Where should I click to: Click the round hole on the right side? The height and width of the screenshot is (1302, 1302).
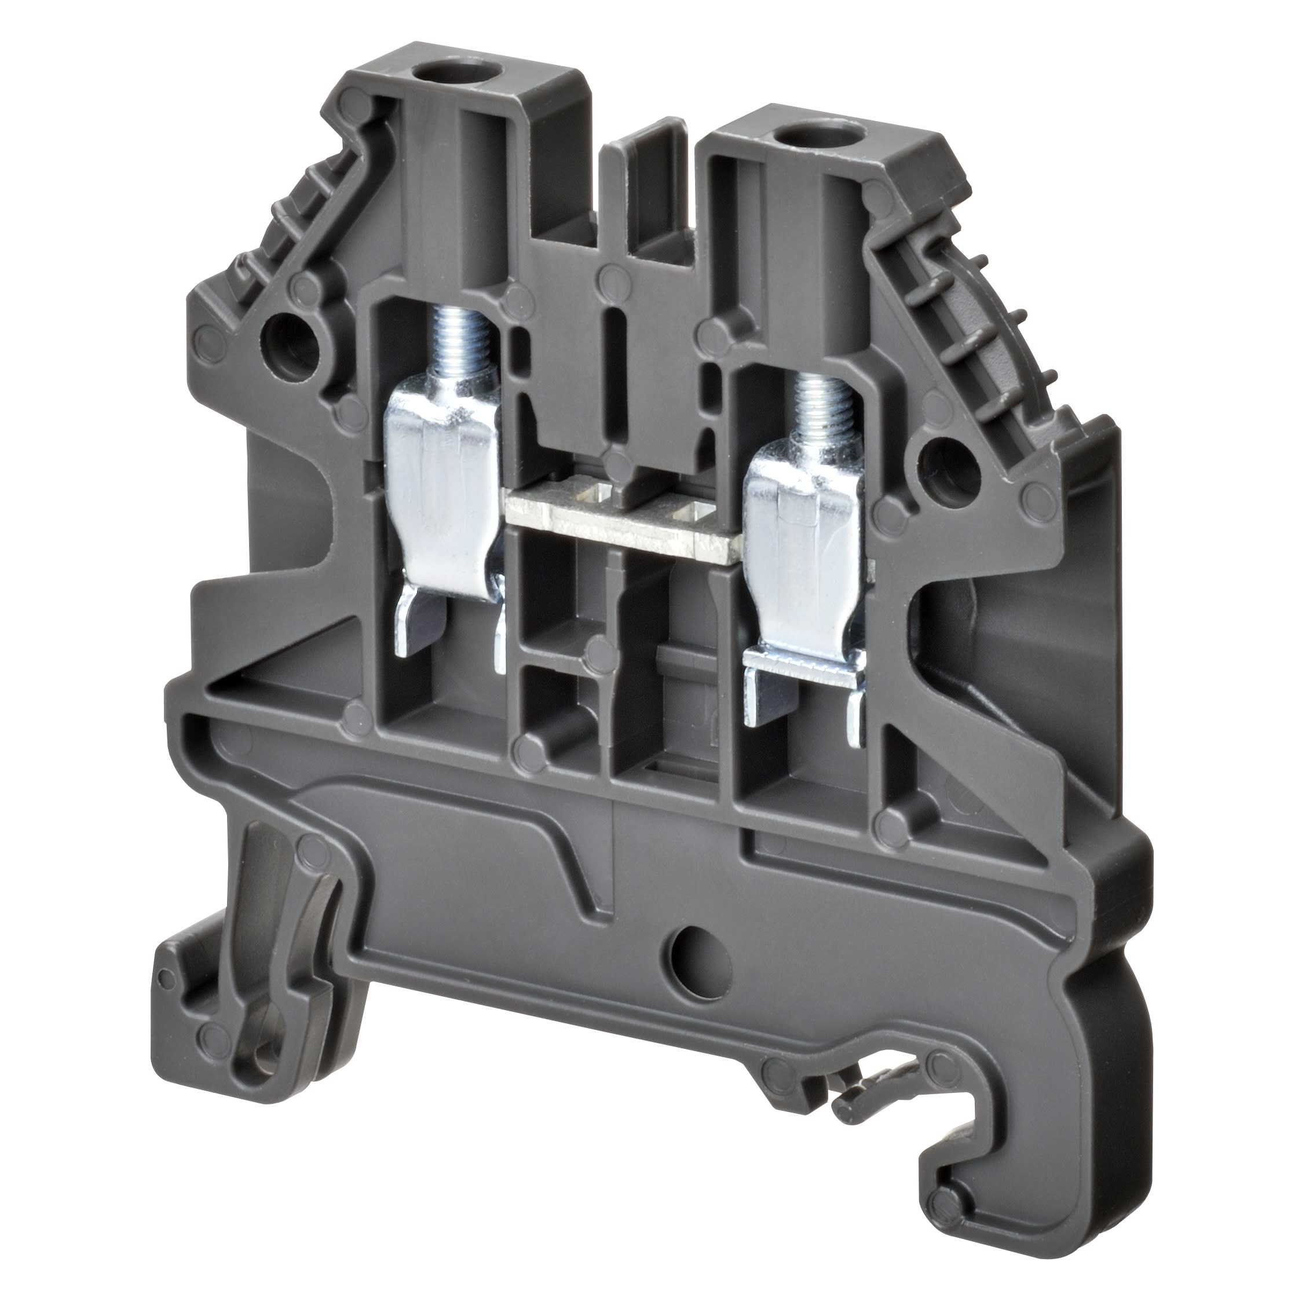point(949,465)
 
